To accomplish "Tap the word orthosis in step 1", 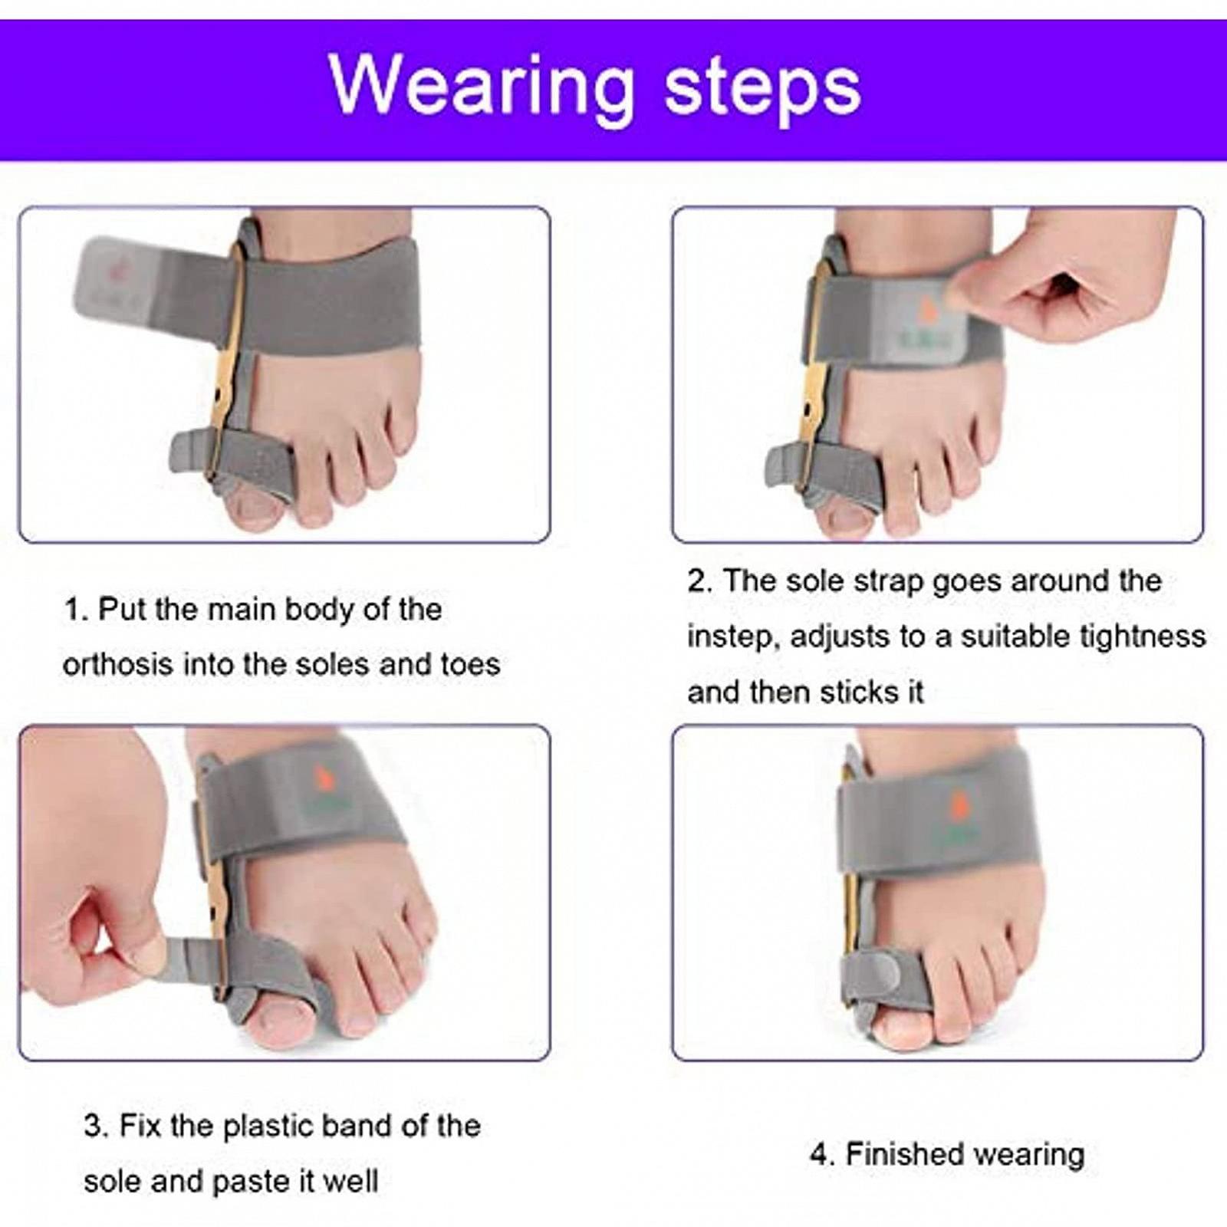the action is click(x=118, y=664).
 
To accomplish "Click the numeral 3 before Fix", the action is click(x=94, y=1127).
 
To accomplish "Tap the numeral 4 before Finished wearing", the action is click(x=820, y=1155).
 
